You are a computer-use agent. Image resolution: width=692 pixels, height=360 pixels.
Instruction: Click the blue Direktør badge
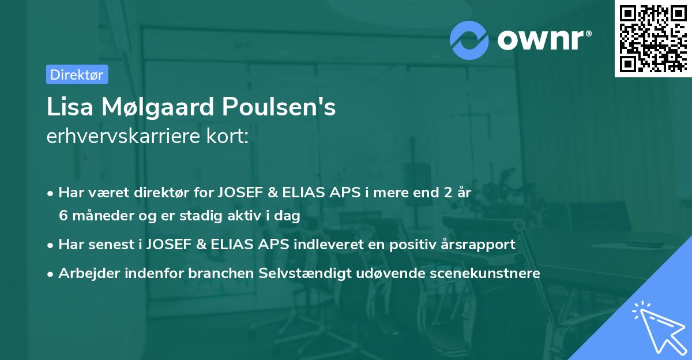click(77, 74)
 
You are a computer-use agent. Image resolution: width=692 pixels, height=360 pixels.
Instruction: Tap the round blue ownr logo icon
click(469, 39)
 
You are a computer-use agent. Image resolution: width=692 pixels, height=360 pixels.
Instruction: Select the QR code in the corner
click(653, 39)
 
